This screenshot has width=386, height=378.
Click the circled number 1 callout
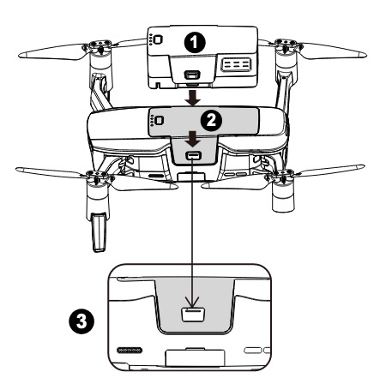(194, 43)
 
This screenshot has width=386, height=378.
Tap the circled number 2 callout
(211, 121)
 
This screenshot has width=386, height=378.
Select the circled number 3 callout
(81, 321)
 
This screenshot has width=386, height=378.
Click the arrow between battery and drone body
(193, 98)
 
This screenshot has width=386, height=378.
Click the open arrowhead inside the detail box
(192, 301)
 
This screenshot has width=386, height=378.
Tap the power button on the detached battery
(158, 39)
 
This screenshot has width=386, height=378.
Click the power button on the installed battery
(159, 120)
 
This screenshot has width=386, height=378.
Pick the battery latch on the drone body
(194, 156)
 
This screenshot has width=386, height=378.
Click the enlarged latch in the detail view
(193, 315)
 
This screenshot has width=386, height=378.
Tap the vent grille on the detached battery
(236, 65)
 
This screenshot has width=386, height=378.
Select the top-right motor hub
(285, 45)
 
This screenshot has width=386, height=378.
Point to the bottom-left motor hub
(97, 177)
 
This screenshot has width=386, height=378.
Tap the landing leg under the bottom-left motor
(99, 232)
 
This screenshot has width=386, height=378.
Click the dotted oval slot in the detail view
(130, 350)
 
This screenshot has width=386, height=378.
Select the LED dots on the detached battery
(150, 39)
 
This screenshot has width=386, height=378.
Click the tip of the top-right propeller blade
(365, 55)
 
